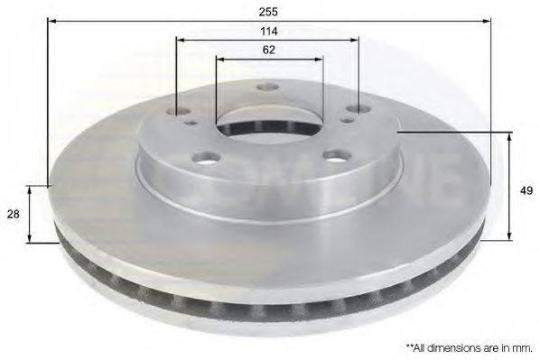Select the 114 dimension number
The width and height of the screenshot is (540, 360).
(269, 32)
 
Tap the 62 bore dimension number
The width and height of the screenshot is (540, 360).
(269, 51)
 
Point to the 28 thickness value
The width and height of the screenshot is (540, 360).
(14, 214)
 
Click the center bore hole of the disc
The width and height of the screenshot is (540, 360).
(256, 124)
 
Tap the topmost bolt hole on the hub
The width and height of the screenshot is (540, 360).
(265, 88)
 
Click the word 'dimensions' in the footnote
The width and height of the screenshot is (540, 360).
(444, 346)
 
